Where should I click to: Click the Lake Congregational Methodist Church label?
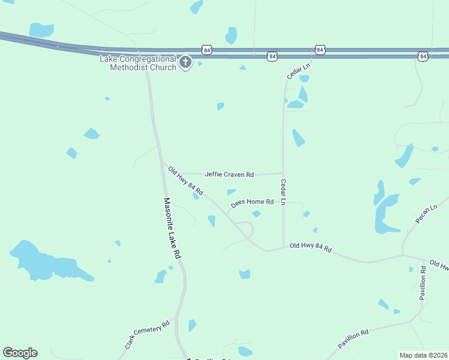[x=138, y=63]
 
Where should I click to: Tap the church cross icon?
[x=185, y=62]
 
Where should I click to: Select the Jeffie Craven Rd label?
[x=229, y=175]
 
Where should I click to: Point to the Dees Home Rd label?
[x=253, y=202]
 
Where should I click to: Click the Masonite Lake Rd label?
[x=172, y=229]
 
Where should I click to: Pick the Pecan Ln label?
[x=426, y=214]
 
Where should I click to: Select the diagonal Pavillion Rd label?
[x=361, y=338]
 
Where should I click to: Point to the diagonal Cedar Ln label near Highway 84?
[x=298, y=71]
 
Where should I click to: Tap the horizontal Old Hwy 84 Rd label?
[x=310, y=247]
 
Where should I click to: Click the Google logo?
[x=20, y=353]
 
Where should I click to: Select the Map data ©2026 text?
[x=423, y=355]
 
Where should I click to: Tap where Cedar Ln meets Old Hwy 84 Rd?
[x=283, y=247]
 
